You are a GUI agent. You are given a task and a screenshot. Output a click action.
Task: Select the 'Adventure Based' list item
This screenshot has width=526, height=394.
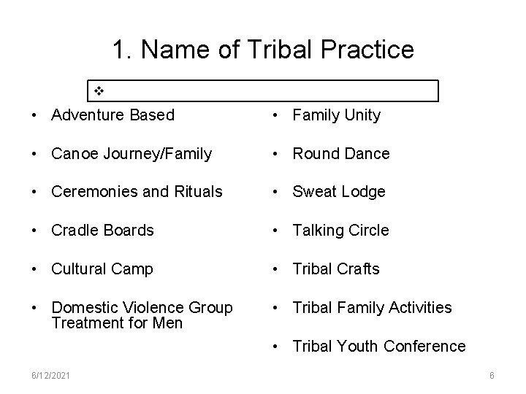(x=113, y=115)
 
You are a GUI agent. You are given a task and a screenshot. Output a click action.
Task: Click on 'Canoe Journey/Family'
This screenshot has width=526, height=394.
(x=131, y=154)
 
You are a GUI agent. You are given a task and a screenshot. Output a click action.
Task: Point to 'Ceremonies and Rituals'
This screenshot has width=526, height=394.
(x=137, y=192)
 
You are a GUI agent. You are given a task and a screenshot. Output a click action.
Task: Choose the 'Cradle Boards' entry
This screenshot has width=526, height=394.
(x=102, y=231)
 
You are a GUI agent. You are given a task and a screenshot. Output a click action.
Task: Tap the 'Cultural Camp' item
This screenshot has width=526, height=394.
(x=102, y=269)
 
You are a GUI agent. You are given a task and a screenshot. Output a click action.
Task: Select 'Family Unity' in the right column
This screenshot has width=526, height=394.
(x=336, y=115)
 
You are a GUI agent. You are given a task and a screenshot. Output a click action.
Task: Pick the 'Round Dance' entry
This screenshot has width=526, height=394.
(x=340, y=154)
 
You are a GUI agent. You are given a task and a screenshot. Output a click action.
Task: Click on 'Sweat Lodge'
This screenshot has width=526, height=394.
(x=338, y=192)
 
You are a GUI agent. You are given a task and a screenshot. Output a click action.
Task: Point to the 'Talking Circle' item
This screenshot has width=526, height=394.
(x=340, y=231)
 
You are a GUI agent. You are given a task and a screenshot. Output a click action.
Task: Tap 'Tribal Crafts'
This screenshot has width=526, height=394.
(x=336, y=269)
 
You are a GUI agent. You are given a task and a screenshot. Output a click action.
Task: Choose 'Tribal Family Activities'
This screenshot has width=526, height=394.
(x=372, y=308)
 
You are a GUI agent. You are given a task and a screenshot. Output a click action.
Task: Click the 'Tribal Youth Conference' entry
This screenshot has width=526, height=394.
(x=378, y=346)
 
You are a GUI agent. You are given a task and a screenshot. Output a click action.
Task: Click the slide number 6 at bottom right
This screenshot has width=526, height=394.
(x=492, y=375)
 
